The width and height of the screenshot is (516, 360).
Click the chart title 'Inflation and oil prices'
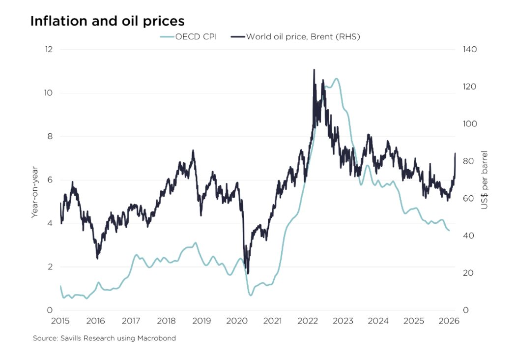pos(107,21)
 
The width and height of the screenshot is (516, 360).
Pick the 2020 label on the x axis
pos(237,321)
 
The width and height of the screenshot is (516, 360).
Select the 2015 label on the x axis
pos(60,321)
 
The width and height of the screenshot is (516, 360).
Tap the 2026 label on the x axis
pos(449,321)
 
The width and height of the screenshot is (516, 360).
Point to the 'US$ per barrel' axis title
pos(485,180)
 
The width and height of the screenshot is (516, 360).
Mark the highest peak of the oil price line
pos(314,70)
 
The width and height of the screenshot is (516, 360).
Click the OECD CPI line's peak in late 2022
pos(336,79)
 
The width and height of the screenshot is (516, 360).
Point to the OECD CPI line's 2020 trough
pos(251,295)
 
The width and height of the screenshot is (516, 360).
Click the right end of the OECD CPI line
pos(449,231)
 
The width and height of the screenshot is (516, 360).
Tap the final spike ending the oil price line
pos(455,153)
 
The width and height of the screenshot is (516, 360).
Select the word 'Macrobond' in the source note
pos(158,338)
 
